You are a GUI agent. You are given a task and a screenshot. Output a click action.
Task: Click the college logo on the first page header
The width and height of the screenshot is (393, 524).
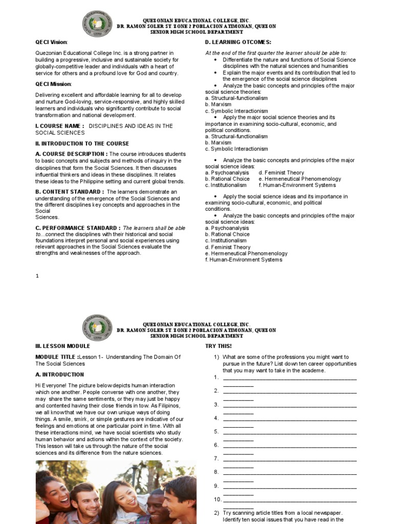[97, 25]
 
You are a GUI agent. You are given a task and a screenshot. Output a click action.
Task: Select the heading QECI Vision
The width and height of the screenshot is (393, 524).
[51, 42]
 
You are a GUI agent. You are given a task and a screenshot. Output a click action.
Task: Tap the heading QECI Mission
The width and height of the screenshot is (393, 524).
[53, 84]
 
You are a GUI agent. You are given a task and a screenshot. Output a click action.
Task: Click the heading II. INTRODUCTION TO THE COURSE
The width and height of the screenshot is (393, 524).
[82, 144]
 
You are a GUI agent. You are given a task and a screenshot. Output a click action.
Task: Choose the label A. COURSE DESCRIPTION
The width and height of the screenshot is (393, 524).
[71, 154]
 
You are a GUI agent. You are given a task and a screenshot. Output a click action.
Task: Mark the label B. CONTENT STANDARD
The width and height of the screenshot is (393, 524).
[70, 192]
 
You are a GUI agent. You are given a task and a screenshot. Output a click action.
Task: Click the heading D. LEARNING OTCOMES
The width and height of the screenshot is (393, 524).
[238, 42]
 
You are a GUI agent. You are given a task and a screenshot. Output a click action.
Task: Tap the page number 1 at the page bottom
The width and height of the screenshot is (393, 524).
[37, 276]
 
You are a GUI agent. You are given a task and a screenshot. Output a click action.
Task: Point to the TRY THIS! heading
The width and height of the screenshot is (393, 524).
[219, 346]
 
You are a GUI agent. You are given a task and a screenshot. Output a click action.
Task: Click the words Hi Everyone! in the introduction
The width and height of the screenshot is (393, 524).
[52, 385]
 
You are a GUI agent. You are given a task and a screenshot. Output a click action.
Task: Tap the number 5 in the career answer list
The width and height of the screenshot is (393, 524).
[216, 431]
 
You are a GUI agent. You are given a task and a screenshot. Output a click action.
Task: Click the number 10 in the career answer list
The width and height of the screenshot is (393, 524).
[217, 499]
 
